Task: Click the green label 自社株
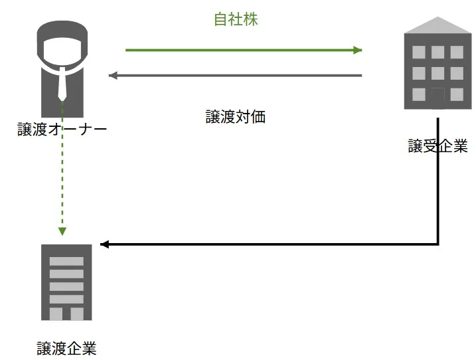pyautogui.click(x=235, y=20)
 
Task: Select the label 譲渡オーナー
pyautogui.click(x=62, y=129)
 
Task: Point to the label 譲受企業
pyautogui.click(x=437, y=146)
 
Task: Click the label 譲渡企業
pyautogui.click(x=66, y=347)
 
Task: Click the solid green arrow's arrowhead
pyautogui.click(x=358, y=50)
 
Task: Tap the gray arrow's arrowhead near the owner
pyautogui.click(x=113, y=75)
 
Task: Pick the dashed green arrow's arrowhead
pyautogui.click(x=62, y=231)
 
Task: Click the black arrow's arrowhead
pyautogui.click(x=104, y=244)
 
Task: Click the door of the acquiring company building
pyautogui.click(x=437, y=97)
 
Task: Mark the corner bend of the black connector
pyautogui.click(x=438, y=244)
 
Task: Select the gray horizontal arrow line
pyautogui.click(x=239, y=76)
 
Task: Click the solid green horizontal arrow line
pyautogui.click(x=239, y=50)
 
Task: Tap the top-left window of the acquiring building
pyautogui.click(x=419, y=52)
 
